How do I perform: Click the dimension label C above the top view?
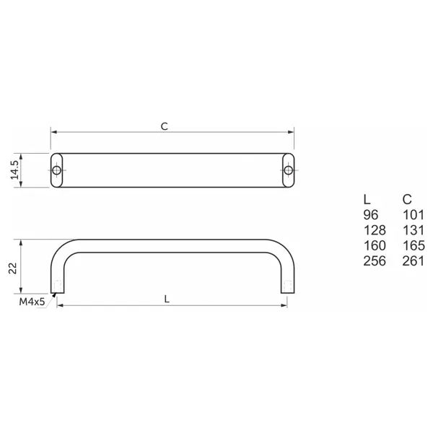(x=165, y=126)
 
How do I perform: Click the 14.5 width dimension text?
(x=14, y=170)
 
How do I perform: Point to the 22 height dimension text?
(x=13, y=268)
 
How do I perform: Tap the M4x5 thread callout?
(x=32, y=302)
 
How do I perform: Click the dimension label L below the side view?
(x=167, y=299)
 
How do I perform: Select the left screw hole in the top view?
(x=56, y=170)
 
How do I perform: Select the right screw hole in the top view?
(x=288, y=170)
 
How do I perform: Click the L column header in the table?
(x=367, y=199)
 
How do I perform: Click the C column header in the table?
(x=407, y=199)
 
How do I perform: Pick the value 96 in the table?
(x=371, y=215)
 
